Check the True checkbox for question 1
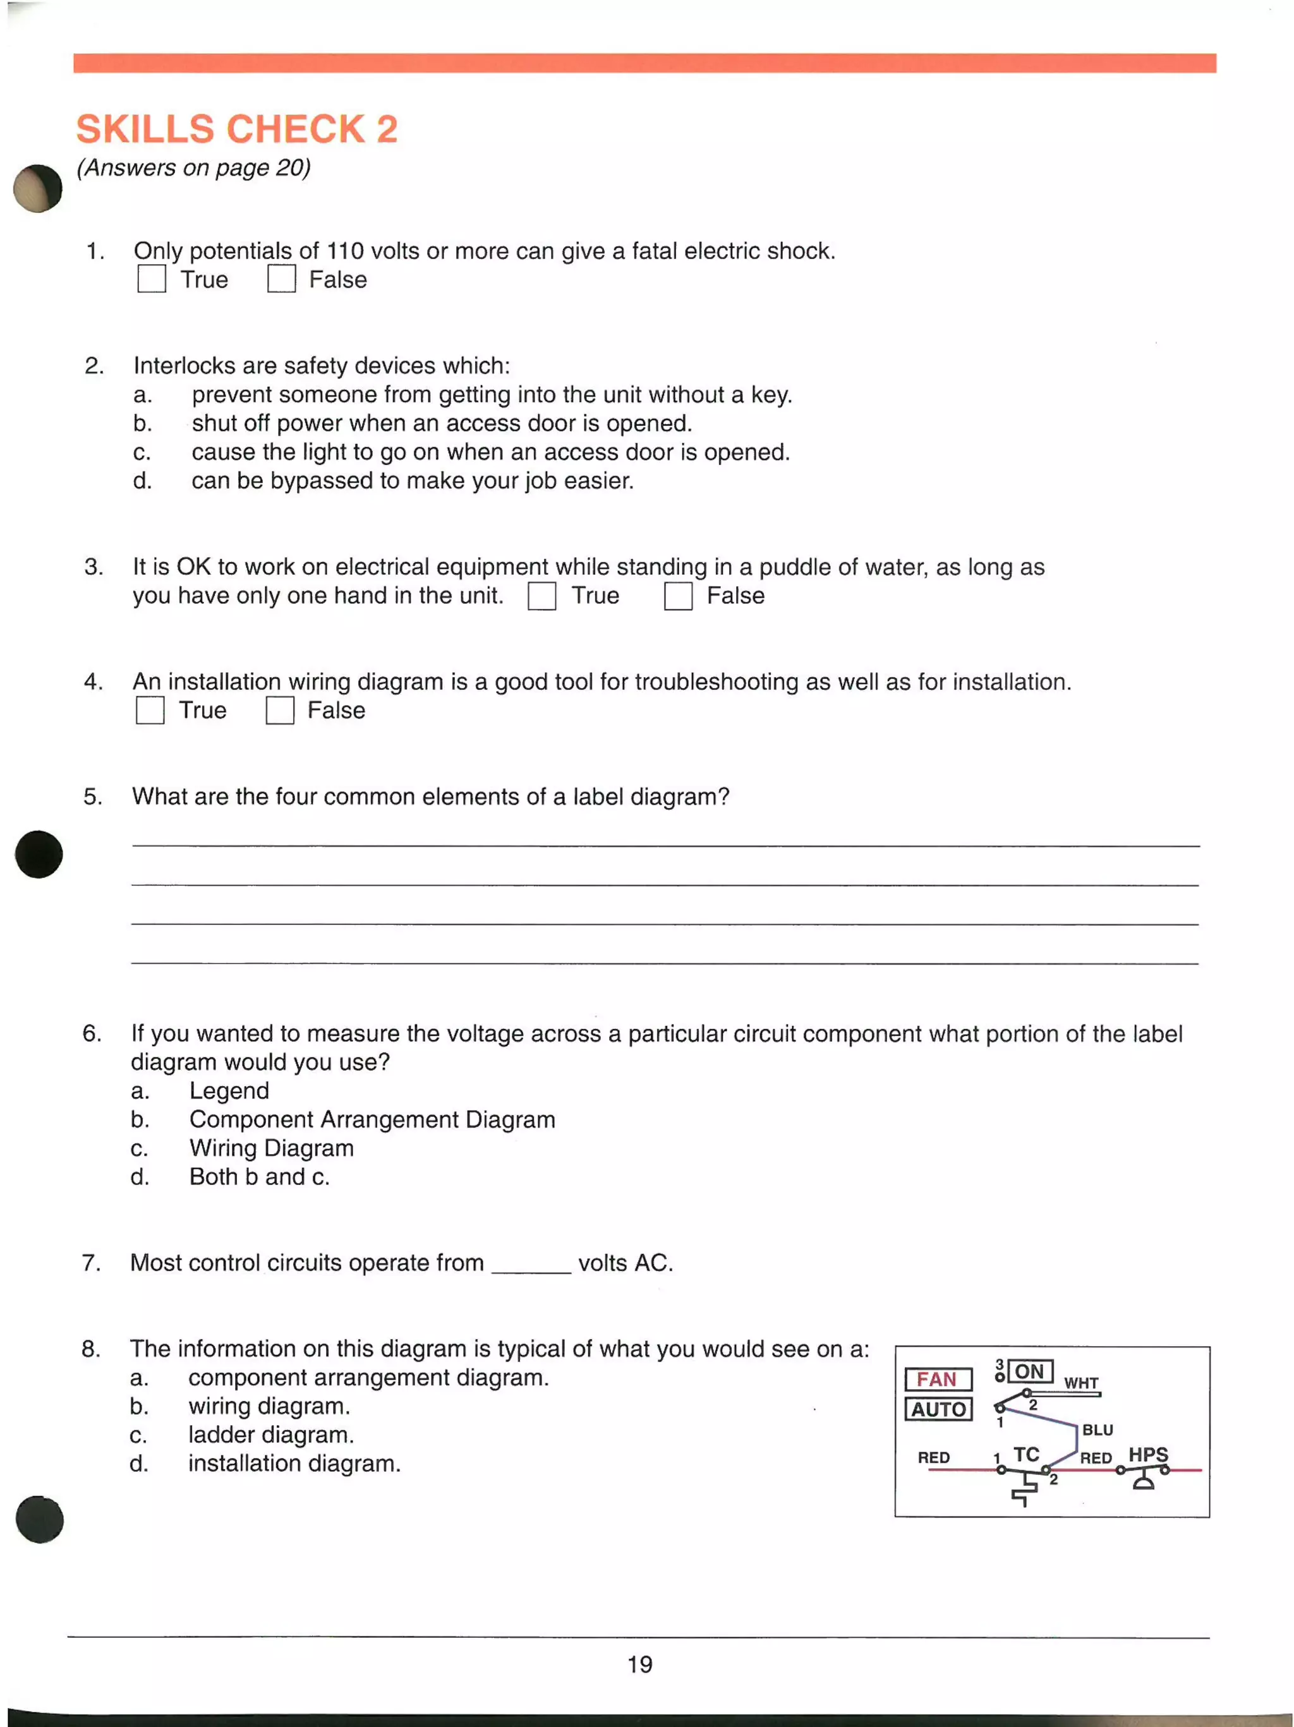tap(152, 279)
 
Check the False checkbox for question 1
tap(281, 279)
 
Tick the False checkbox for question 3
tap(678, 596)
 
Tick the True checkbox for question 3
tap(541, 596)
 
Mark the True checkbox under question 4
tap(150, 710)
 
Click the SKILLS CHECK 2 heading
tap(236, 129)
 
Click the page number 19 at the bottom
tap(639, 1664)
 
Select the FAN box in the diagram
tap(938, 1379)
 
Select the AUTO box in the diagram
tap(938, 1409)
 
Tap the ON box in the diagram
tap(1029, 1371)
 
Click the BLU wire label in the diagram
tap(1097, 1429)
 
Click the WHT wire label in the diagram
tap(1081, 1383)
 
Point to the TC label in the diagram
tap(1026, 1453)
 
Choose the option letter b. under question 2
tap(142, 423)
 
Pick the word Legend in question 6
tap(229, 1091)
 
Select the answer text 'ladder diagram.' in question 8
tap(271, 1435)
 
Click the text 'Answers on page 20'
tap(194, 168)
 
